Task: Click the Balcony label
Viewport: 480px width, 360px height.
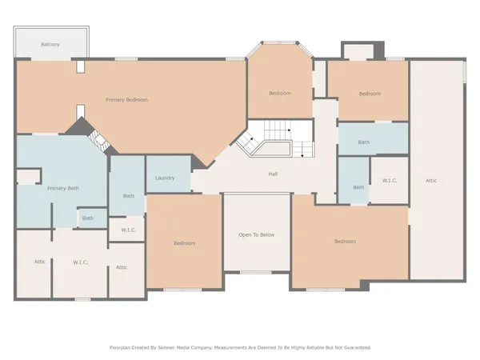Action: point(50,45)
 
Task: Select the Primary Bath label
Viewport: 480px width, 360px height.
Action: point(62,188)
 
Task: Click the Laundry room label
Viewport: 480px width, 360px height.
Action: point(165,178)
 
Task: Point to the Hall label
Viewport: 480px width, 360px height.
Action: point(273,174)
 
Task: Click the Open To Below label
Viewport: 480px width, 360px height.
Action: point(256,234)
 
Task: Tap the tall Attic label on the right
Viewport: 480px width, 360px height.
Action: point(430,181)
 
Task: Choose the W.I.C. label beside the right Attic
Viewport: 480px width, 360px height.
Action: point(390,181)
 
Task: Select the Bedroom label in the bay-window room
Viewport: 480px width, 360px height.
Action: point(279,94)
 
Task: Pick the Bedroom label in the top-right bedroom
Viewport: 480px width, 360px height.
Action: point(370,94)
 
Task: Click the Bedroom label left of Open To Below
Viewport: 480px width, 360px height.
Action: point(184,242)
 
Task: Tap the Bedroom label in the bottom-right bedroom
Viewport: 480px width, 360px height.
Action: point(345,241)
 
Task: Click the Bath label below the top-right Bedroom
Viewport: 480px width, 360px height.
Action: point(363,142)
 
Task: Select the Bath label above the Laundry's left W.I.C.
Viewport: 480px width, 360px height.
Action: point(128,195)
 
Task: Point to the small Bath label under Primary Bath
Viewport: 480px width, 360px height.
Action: point(87,218)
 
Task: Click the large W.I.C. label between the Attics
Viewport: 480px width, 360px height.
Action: point(80,262)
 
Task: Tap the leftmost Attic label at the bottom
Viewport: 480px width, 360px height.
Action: point(39,262)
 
